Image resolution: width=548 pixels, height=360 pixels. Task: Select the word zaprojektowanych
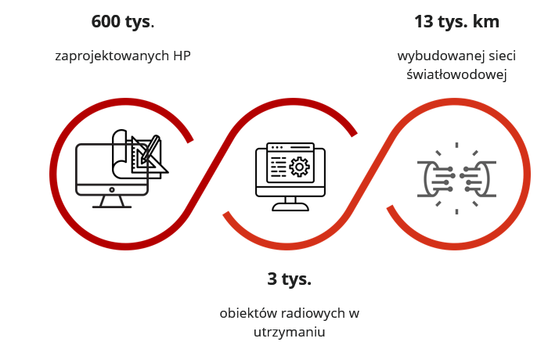pos(112,56)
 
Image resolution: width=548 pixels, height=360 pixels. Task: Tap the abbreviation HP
pos(182,56)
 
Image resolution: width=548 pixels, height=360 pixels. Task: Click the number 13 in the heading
pos(424,21)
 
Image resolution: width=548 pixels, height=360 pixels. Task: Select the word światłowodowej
pos(456,74)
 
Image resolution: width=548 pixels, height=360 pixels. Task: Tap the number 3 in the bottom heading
pos(272,279)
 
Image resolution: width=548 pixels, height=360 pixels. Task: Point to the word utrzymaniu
pos(290,332)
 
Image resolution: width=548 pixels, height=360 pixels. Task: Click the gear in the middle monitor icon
pos(299,167)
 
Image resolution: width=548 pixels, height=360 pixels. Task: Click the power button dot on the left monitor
pos(112,190)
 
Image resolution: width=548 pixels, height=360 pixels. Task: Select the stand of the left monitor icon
pos(112,202)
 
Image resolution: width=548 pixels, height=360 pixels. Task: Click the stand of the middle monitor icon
pos(290,203)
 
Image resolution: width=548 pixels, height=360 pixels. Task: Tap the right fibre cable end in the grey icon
pos(478,179)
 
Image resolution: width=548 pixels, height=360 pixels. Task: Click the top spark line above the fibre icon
pos(456,145)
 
